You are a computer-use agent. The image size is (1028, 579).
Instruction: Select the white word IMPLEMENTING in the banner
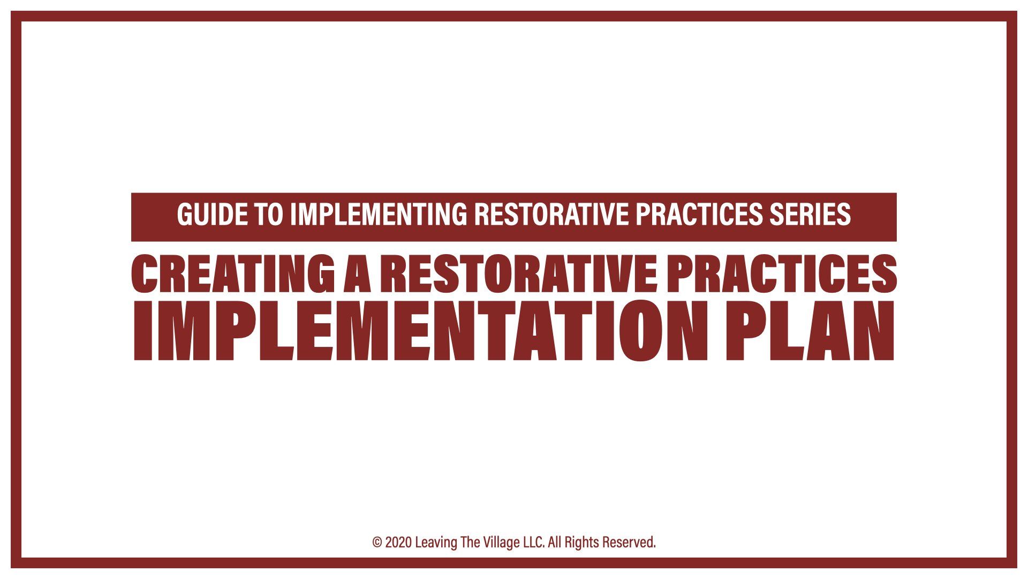point(379,214)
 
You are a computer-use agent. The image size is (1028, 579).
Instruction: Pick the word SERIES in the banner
point(810,214)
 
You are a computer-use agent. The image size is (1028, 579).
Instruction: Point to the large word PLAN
point(809,331)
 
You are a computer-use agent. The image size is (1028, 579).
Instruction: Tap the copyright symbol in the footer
point(377,543)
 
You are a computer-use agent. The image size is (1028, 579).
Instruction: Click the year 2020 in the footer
point(398,543)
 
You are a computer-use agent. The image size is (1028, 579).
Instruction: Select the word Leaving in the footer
point(436,543)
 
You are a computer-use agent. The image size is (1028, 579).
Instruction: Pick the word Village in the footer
point(501,543)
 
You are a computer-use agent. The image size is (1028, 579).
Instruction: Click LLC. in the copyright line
point(534,543)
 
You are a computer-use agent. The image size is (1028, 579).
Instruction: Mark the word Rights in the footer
point(581,543)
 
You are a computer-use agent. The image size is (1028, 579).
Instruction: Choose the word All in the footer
point(555,543)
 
